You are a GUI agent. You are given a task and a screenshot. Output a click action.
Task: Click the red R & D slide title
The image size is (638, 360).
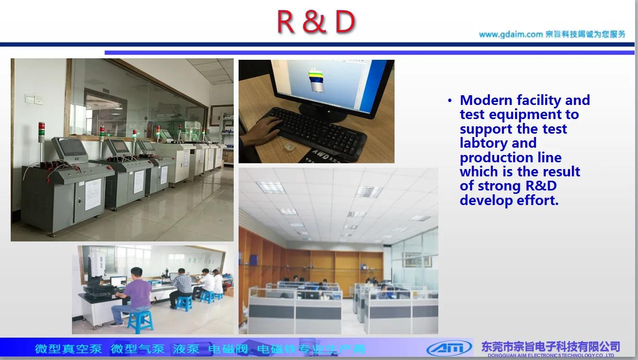[x=316, y=22]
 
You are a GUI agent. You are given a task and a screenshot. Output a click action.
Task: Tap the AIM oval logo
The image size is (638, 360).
[x=449, y=348]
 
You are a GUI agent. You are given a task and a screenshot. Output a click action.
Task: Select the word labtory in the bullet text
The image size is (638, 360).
[x=484, y=143]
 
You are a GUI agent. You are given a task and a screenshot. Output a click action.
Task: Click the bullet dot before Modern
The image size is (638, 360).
[x=450, y=101]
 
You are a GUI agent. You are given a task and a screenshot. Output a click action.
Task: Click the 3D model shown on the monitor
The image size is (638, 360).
[x=316, y=81]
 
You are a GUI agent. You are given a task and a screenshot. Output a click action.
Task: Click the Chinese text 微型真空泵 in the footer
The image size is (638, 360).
[x=69, y=349]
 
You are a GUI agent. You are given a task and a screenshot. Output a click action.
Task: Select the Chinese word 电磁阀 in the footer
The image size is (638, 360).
[x=228, y=349]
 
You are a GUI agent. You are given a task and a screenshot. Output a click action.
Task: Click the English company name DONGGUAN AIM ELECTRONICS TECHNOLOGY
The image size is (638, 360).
[x=551, y=356]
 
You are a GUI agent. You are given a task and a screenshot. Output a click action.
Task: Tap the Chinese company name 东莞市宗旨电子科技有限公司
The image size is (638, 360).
[x=551, y=346]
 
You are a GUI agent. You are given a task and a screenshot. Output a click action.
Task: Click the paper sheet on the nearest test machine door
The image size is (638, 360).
[x=93, y=194]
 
